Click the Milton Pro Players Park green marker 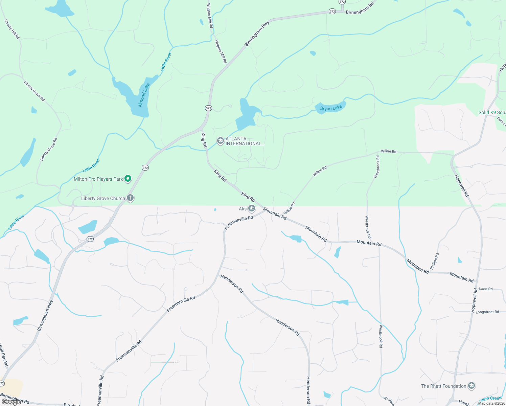[128, 178]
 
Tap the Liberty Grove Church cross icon [130, 198]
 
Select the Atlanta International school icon [221, 141]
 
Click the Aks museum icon [251, 208]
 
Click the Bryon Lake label [331, 108]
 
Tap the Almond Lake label [144, 95]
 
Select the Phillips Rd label [435, 261]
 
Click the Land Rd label [486, 289]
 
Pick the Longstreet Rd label [487, 312]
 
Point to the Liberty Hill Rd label [12, 29]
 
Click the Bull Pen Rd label [3, 355]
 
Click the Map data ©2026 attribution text [491, 403]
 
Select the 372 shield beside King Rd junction [208, 108]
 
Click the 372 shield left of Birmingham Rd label [332, 12]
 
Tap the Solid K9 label [492, 112]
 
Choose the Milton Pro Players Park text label [98, 179]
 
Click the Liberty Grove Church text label [103, 198]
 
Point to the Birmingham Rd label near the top [360, 8]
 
